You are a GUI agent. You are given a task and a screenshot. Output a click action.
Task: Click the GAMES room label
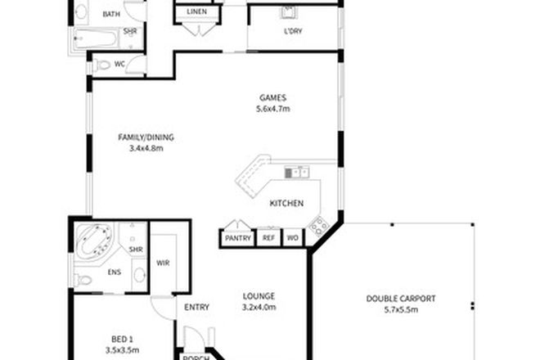[271, 95]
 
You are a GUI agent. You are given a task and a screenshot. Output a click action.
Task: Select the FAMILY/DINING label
[146, 137]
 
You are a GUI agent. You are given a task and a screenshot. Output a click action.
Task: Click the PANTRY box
[236, 238]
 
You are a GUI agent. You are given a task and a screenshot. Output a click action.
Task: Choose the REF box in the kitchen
[268, 238]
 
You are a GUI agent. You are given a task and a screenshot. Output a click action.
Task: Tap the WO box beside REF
[292, 238]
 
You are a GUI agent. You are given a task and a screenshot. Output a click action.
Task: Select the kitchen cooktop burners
[319, 224]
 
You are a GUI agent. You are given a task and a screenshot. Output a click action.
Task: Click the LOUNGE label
[258, 296]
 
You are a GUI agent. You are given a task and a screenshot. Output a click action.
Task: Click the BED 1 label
[123, 335]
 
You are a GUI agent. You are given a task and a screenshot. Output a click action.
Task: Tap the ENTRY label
[197, 308]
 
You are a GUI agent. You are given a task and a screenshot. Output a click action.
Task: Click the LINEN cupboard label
[196, 12]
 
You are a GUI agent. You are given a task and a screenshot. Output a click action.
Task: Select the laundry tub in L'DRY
[288, 13]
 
